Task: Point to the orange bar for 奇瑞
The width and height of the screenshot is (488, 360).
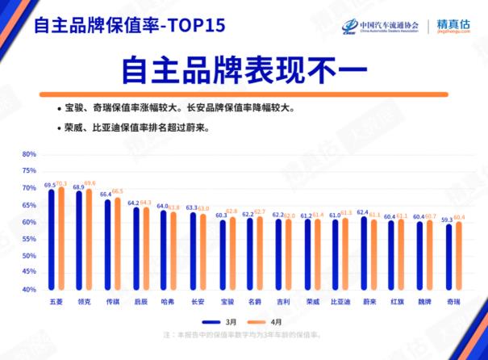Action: [458, 256]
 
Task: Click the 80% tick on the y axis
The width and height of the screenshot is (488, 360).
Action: [29, 154]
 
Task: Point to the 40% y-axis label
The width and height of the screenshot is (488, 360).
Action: [29, 289]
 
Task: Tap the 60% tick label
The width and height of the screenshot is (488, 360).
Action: [29, 222]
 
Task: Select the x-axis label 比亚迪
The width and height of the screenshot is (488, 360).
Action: [340, 301]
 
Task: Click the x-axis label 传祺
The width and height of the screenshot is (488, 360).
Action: [112, 301]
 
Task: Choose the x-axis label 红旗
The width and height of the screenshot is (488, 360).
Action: [396, 301]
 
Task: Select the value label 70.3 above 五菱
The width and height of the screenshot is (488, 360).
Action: [61, 184]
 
